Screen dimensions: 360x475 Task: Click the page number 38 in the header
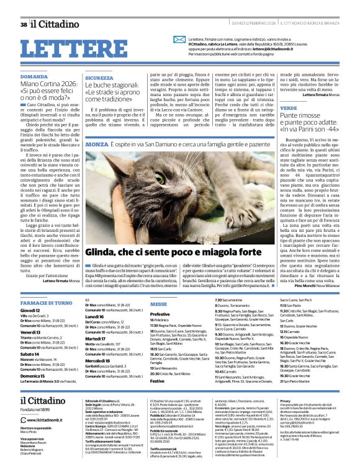[23, 24]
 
